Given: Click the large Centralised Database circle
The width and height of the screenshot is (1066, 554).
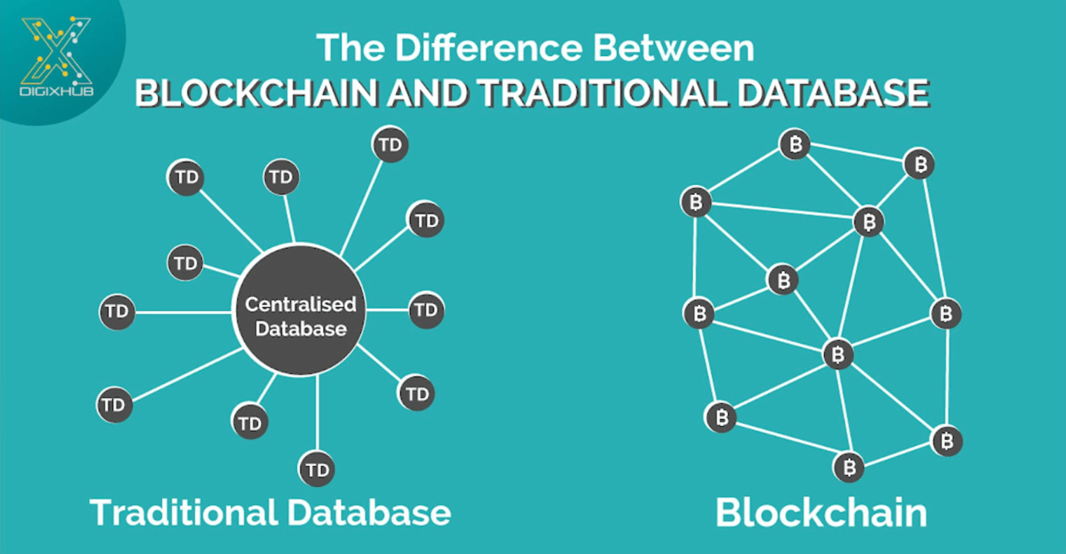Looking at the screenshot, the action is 299,310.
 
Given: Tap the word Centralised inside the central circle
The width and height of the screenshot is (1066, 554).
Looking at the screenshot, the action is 301,305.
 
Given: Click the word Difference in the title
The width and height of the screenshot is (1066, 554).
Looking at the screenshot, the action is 489,48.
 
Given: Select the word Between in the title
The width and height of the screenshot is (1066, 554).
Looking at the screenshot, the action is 674,48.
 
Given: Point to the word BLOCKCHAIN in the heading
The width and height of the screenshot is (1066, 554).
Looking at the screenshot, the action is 256,93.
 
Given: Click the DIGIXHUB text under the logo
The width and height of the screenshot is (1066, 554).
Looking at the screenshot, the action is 57,91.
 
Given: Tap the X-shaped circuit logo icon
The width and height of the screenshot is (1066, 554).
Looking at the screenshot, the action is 56,51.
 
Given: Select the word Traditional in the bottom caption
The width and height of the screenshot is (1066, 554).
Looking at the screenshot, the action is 184,513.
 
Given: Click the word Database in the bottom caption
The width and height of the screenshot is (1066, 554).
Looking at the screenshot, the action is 370,513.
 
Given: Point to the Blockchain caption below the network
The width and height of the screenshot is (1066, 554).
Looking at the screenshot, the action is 821,513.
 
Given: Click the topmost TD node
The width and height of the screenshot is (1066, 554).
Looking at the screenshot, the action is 390,145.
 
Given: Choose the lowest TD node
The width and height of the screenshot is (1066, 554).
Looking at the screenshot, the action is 316,470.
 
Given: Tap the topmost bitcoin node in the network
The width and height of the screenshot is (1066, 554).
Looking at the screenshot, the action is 795,144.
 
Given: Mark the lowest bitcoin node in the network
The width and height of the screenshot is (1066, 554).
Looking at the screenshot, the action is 849,467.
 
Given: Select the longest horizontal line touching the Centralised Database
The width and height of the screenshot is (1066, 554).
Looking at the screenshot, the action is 183,313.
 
